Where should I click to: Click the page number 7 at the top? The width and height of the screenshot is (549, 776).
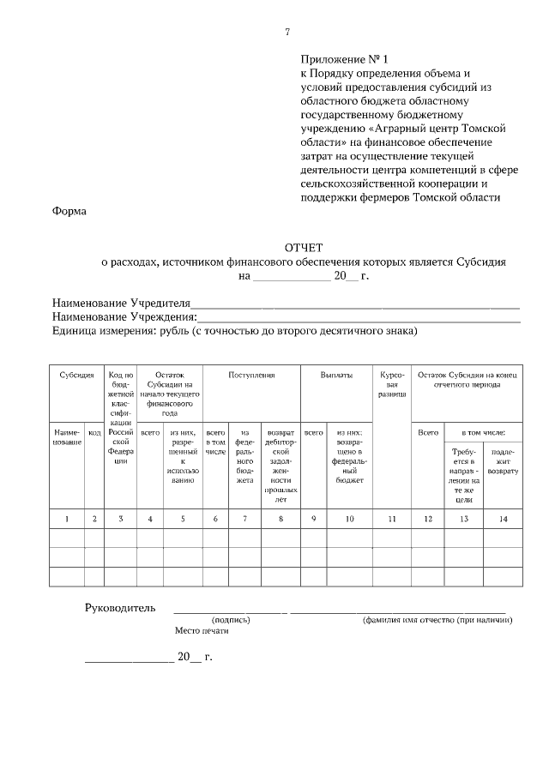[x=287, y=33]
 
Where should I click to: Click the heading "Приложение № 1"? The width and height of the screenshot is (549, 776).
[x=344, y=60]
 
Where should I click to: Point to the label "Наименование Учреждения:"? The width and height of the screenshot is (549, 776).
[x=124, y=317]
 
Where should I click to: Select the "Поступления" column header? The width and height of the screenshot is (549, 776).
[x=251, y=376]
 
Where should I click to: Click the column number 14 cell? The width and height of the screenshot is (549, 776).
[x=503, y=519]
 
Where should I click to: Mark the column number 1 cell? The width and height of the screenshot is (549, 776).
[x=66, y=519]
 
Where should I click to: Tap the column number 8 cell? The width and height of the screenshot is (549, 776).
[x=281, y=519]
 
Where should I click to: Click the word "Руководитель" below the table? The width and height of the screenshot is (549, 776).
[x=120, y=608]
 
